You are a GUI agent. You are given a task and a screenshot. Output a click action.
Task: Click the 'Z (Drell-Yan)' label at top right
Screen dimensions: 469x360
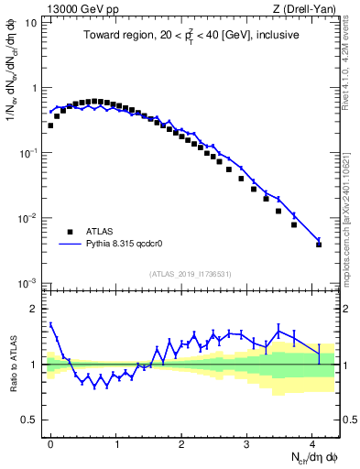306,8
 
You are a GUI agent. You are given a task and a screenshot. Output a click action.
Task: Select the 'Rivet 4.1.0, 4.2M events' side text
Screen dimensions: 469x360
350,64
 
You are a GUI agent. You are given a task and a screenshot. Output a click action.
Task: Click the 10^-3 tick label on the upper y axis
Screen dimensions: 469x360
27,283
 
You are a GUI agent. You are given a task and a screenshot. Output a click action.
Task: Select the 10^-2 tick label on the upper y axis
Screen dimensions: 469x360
27,218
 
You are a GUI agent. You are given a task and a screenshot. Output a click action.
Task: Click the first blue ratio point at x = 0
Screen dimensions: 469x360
50,324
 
